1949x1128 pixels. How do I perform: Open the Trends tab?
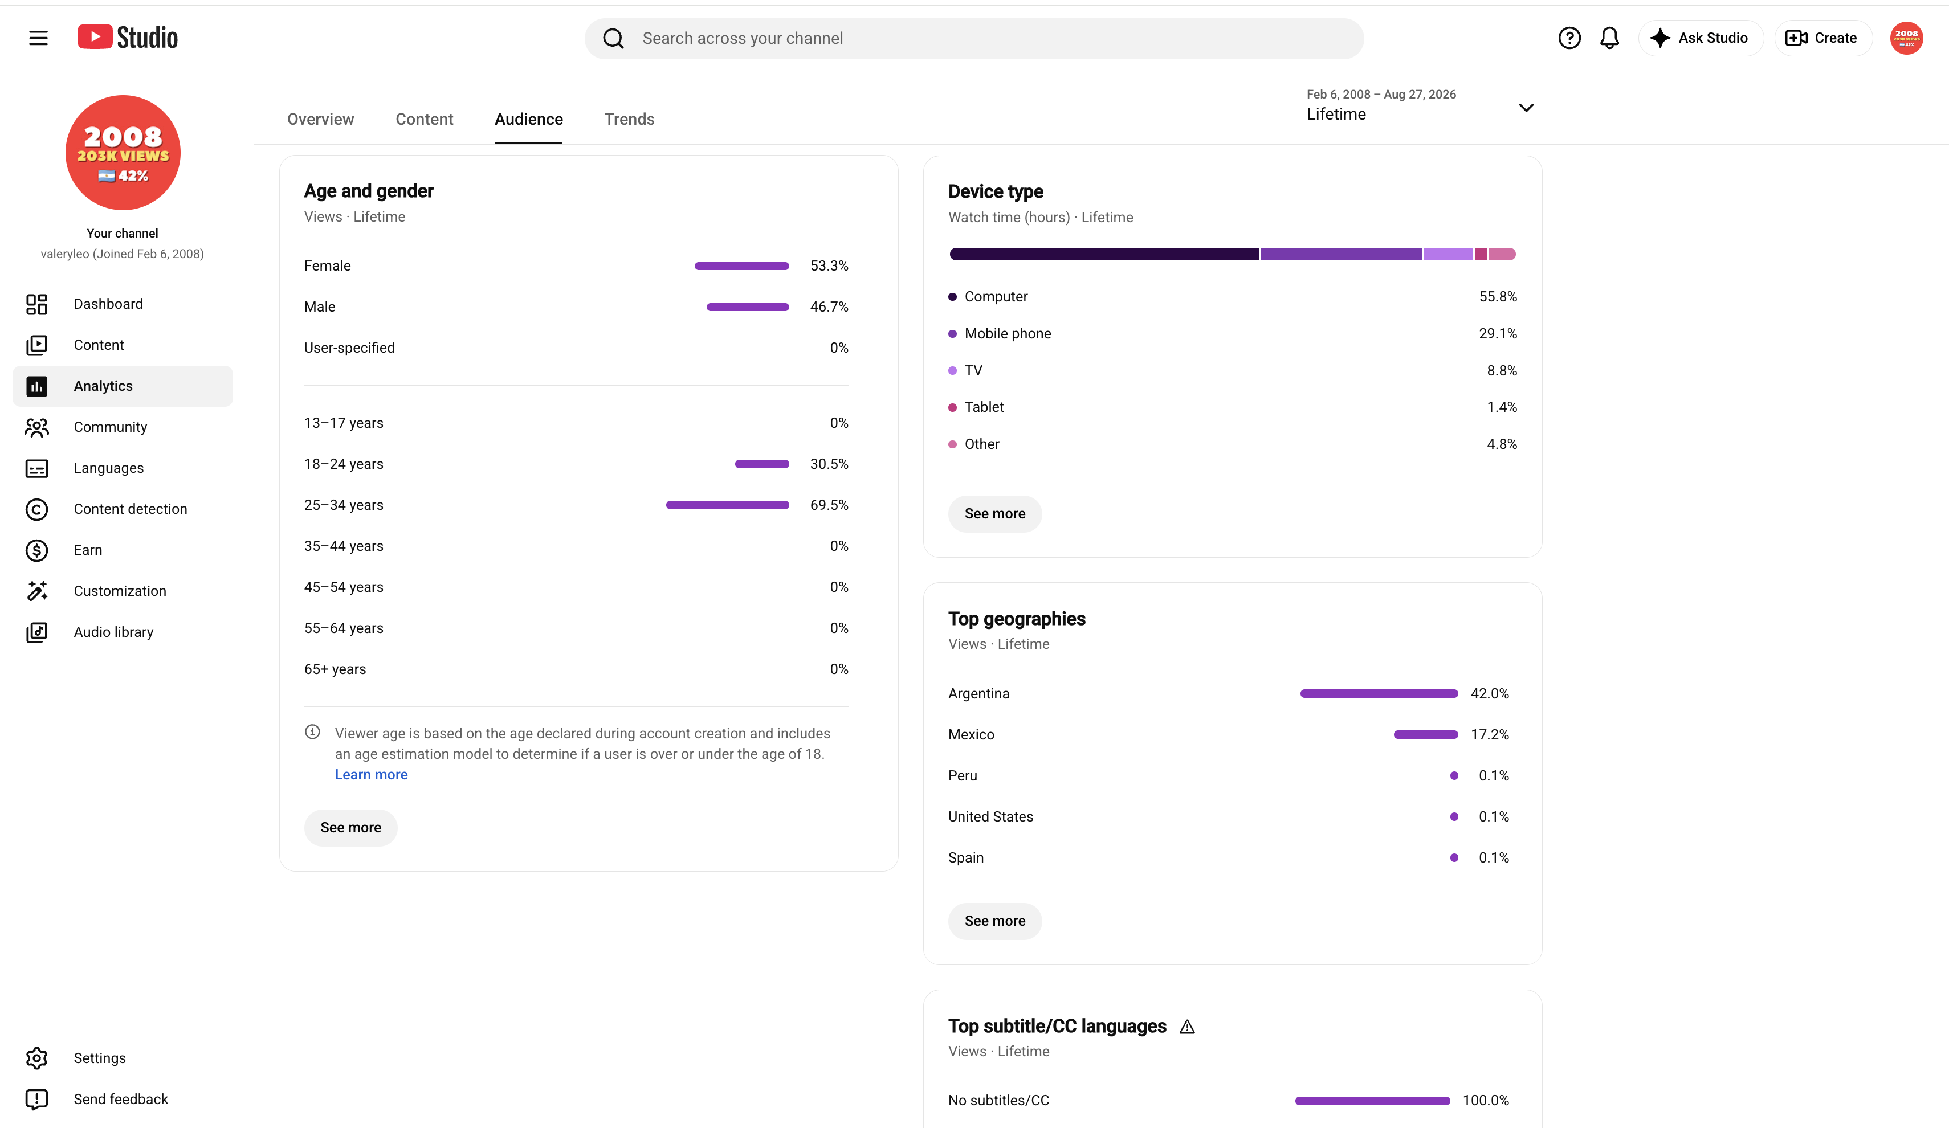[x=629, y=119]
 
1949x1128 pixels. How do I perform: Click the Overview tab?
[x=320, y=119]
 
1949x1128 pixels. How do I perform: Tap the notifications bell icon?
[x=1609, y=38]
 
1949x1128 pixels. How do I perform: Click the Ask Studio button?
[x=1700, y=38]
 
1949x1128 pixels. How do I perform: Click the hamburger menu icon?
[x=38, y=38]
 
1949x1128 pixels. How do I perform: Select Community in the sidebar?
[x=110, y=427]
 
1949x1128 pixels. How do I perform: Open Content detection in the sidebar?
[x=130, y=509]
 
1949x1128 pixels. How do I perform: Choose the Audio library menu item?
[x=113, y=632]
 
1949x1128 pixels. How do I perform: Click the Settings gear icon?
[x=36, y=1058]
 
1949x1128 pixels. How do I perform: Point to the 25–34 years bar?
[x=727, y=505]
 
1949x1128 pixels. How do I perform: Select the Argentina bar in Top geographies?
[x=1378, y=693]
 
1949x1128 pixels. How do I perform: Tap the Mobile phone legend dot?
[x=952, y=334]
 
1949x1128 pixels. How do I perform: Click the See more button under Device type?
[x=994, y=513]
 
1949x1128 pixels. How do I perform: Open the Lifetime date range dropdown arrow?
[x=1525, y=108]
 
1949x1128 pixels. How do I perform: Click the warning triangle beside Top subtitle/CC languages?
[x=1186, y=1027]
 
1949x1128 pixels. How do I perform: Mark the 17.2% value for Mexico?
[x=1490, y=734]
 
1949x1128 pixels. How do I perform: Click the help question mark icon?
[x=1568, y=38]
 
